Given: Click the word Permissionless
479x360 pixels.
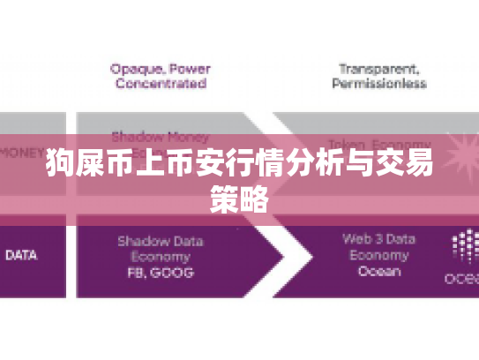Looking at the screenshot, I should pos(378,84).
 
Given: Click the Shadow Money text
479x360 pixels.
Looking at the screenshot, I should pos(160,137).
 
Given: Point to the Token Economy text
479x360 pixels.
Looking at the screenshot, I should pos(378,145).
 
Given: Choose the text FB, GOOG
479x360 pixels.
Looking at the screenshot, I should pos(160,273).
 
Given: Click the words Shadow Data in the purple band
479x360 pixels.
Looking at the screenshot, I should pos(160,241).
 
